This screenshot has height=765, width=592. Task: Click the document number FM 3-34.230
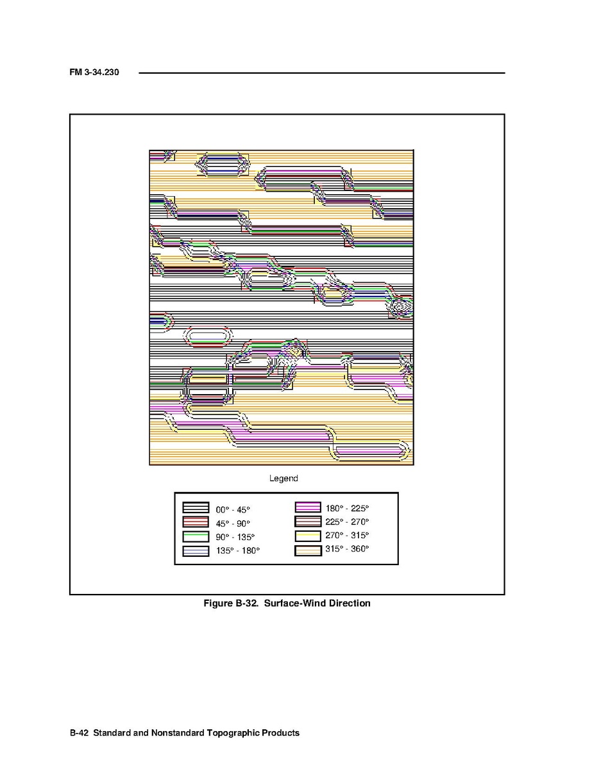[94, 72]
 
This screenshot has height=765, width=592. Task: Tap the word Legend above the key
[283, 478]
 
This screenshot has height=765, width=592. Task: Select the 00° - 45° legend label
[233, 510]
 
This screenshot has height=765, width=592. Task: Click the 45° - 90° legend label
[233, 523]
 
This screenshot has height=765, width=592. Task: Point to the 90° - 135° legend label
[235, 537]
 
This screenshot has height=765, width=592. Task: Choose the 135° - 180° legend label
[238, 551]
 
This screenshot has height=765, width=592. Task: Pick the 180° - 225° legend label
[347, 508]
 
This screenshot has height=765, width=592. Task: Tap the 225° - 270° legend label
[347, 522]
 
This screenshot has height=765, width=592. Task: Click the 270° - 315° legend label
[347, 535]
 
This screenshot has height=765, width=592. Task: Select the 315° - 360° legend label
[347, 549]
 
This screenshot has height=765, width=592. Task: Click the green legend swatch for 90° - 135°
[196, 537]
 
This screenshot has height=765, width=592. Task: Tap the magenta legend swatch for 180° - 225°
[309, 507]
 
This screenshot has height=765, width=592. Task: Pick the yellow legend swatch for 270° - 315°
[309, 536]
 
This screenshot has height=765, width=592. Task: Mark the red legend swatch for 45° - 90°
[196, 522]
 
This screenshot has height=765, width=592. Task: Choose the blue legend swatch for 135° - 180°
[196, 551]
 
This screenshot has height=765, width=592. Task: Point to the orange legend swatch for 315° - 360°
[309, 550]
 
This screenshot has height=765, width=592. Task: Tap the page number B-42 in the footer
[79, 733]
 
